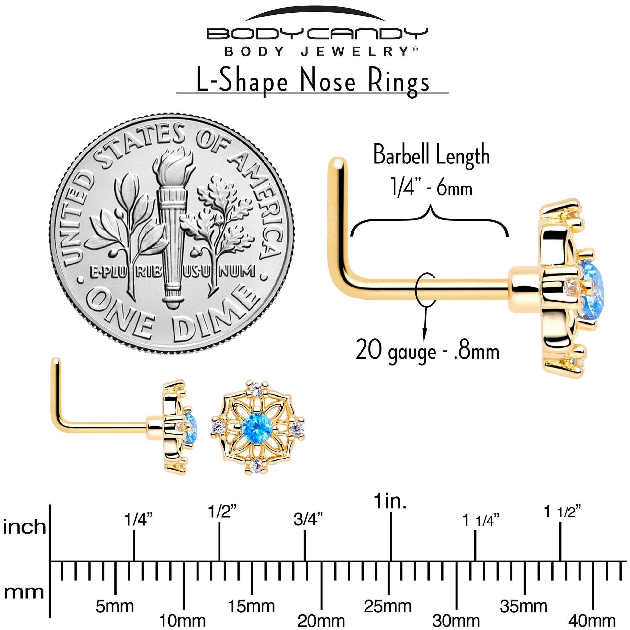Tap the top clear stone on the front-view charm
tap(257, 389)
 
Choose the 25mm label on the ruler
tap(388, 606)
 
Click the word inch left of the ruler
tap(24, 527)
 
